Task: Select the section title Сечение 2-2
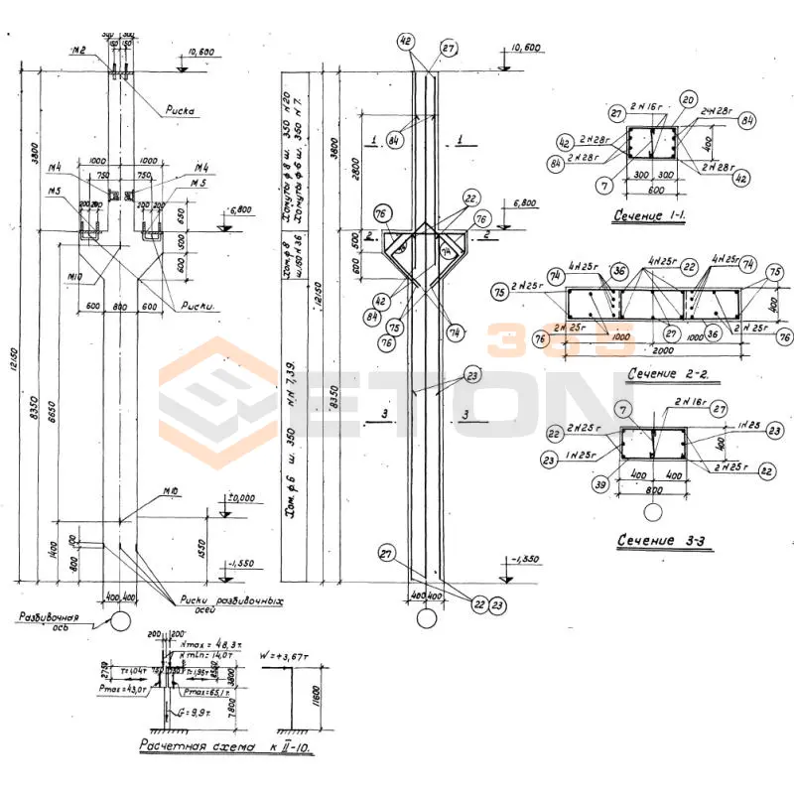pyautogui.click(x=667, y=373)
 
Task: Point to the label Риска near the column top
pyautogui.click(x=180, y=111)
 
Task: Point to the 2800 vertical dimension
pyautogui.click(x=354, y=179)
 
